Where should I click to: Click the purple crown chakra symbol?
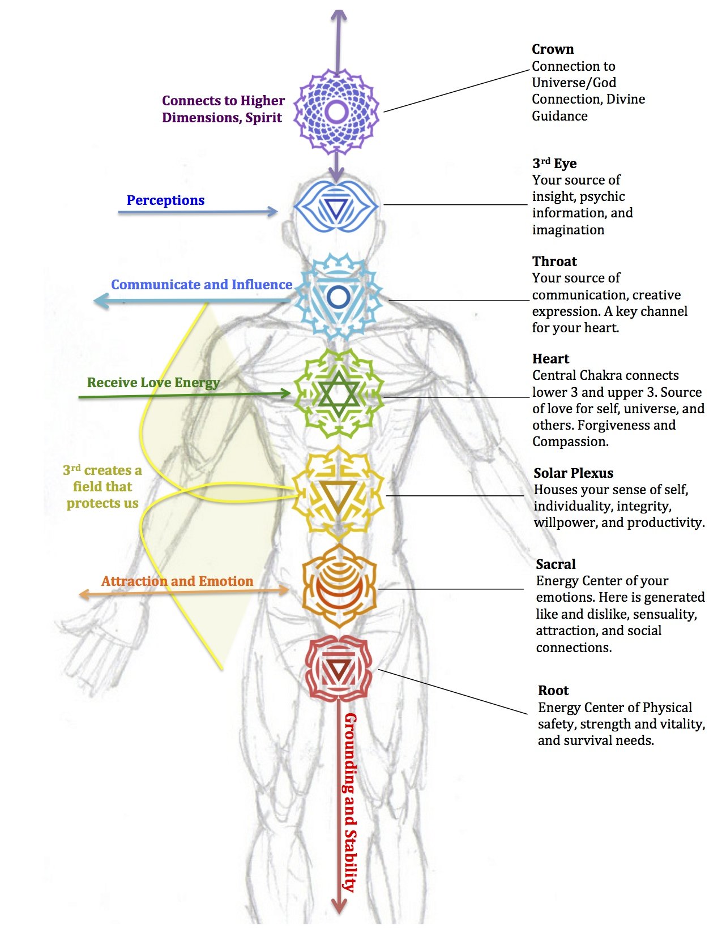337,112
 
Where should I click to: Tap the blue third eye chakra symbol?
336,208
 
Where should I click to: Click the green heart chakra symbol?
339,394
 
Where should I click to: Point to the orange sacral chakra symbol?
338,586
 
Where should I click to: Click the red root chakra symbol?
339,668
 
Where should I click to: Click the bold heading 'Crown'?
553,49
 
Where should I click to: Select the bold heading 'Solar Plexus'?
573,473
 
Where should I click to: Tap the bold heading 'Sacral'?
556,564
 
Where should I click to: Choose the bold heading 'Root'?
553,691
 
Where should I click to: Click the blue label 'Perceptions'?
165,200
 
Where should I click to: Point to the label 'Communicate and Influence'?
202,285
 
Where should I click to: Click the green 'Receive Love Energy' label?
153,383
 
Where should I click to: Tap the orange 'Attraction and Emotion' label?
177,581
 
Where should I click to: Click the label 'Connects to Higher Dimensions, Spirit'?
223,109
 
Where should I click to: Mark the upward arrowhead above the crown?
338,16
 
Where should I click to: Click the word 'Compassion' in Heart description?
569,442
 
